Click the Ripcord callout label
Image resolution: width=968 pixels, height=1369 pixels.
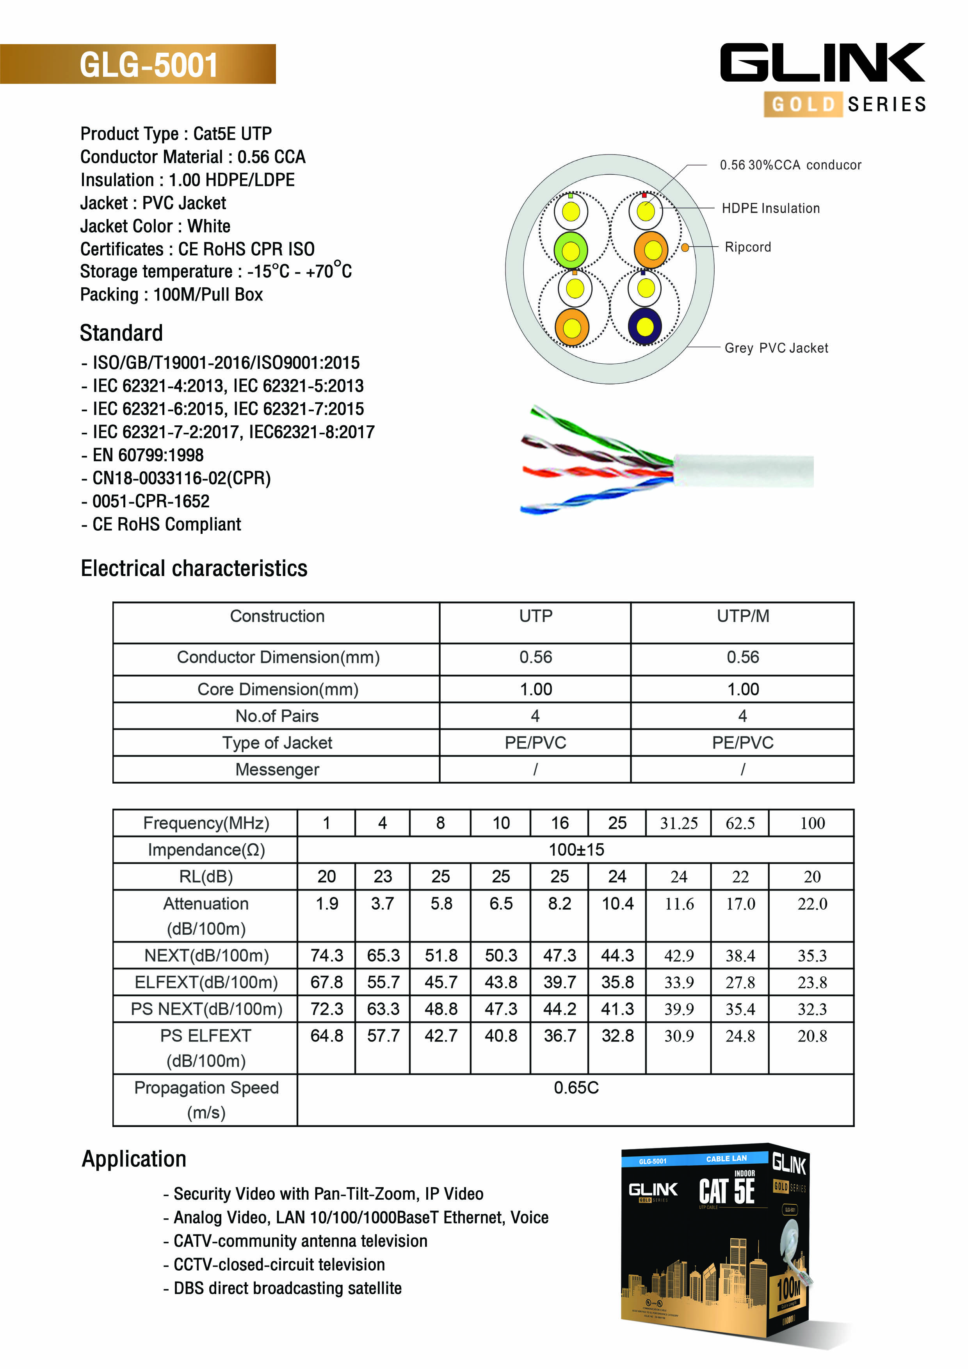(x=747, y=247)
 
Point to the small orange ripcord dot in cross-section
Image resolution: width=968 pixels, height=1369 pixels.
(x=685, y=247)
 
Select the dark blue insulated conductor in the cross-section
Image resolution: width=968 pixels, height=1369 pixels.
(x=645, y=327)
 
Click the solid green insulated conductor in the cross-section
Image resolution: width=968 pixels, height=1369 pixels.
(x=571, y=251)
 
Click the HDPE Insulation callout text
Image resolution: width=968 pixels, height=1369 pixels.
(x=770, y=208)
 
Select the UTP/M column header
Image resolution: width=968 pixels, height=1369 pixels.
(x=742, y=616)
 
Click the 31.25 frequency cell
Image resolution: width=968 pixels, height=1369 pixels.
(x=679, y=823)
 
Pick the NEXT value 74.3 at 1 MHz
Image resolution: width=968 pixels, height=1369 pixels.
(x=326, y=956)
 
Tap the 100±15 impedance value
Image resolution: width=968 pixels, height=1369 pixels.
(x=576, y=850)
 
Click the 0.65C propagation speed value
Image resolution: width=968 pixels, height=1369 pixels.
(x=576, y=1088)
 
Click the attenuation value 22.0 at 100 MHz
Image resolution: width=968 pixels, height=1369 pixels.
(x=812, y=904)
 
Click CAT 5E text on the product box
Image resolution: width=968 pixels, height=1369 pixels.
(x=726, y=1191)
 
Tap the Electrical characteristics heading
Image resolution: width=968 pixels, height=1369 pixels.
(x=194, y=568)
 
